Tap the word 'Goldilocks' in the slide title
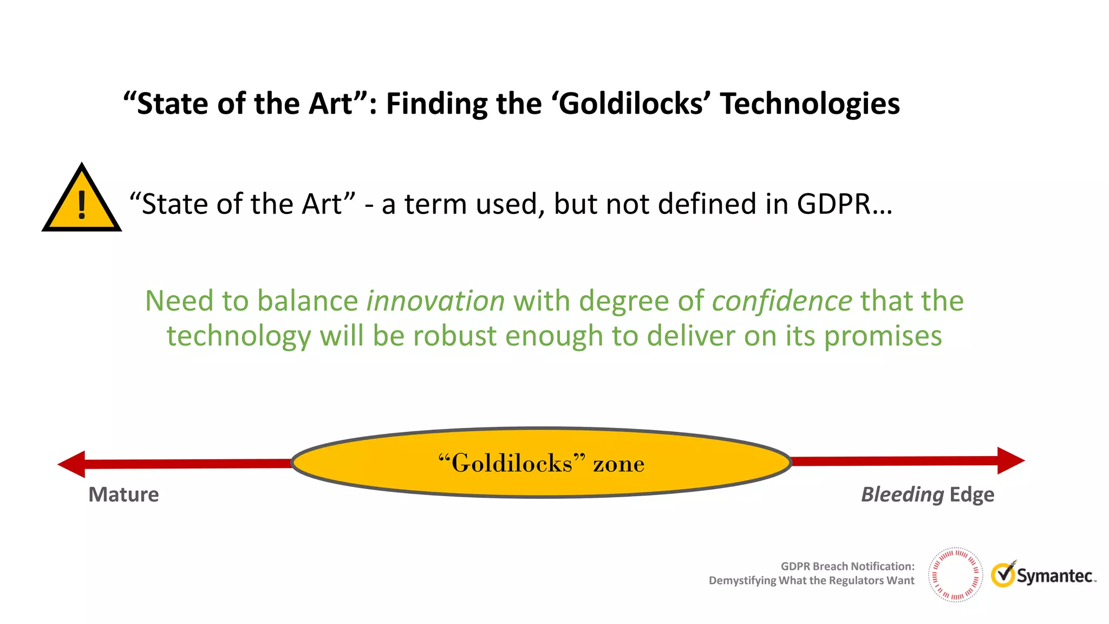(x=630, y=103)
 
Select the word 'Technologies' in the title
(x=810, y=103)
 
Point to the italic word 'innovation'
(x=435, y=301)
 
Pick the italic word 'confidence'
(x=781, y=301)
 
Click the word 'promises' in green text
(x=883, y=336)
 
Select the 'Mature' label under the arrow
(x=123, y=495)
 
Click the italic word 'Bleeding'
(x=902, y=495)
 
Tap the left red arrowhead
(x=72, y=464)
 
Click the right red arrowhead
(x=1010, y=461)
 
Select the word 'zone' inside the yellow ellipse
(x=618, y=464)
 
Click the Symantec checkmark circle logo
(x=1003, y=575)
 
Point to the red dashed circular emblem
(x=955, y=575)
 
